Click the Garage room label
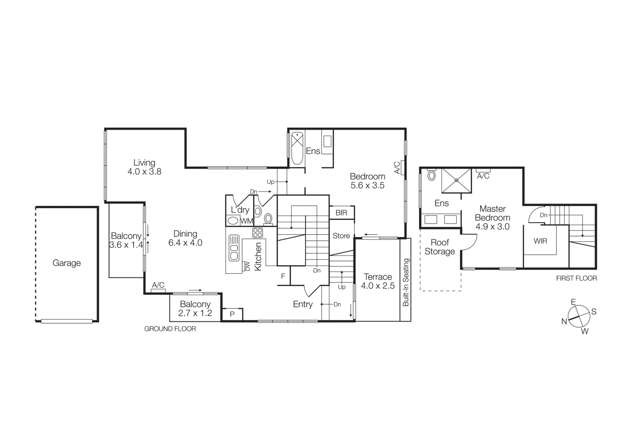pyautogui.click(x=67, y=263)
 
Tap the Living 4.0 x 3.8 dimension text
pyautogui.click(x=144, y=172)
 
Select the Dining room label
pyautogui.click(x=185, y=234)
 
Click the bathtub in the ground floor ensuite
pyautogui.click(x=297, y=148)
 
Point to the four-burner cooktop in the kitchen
pyautogui.click(x=257, y=233)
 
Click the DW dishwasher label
pyautogui.click(x=247, y=266)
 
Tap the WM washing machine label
pyautogui.click(x=246, y=221)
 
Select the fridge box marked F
pyautogui.click(x=283, y=276)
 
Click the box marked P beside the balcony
pyautogui.click(x=232, y=314)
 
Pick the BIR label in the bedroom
pyautogui.click(x=341, y=213)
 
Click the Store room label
pyautogui.click(x=341, y=236)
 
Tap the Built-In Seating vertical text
pyautogui.click(x=406, y=282)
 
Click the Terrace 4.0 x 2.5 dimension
pyautogui.click(x=378, y=286)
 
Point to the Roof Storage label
pyautogui.click(x=440, y=247)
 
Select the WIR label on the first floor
pyautogui.click(x=540, y=241)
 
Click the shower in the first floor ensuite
pyautogui.click(x=456, y=181)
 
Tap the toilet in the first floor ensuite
pyautogui.click(x=431, y=175)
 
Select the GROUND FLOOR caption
pyautogui.click(x=170, y=329)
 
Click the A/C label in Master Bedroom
pyautogui.click(x=483, y=176)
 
